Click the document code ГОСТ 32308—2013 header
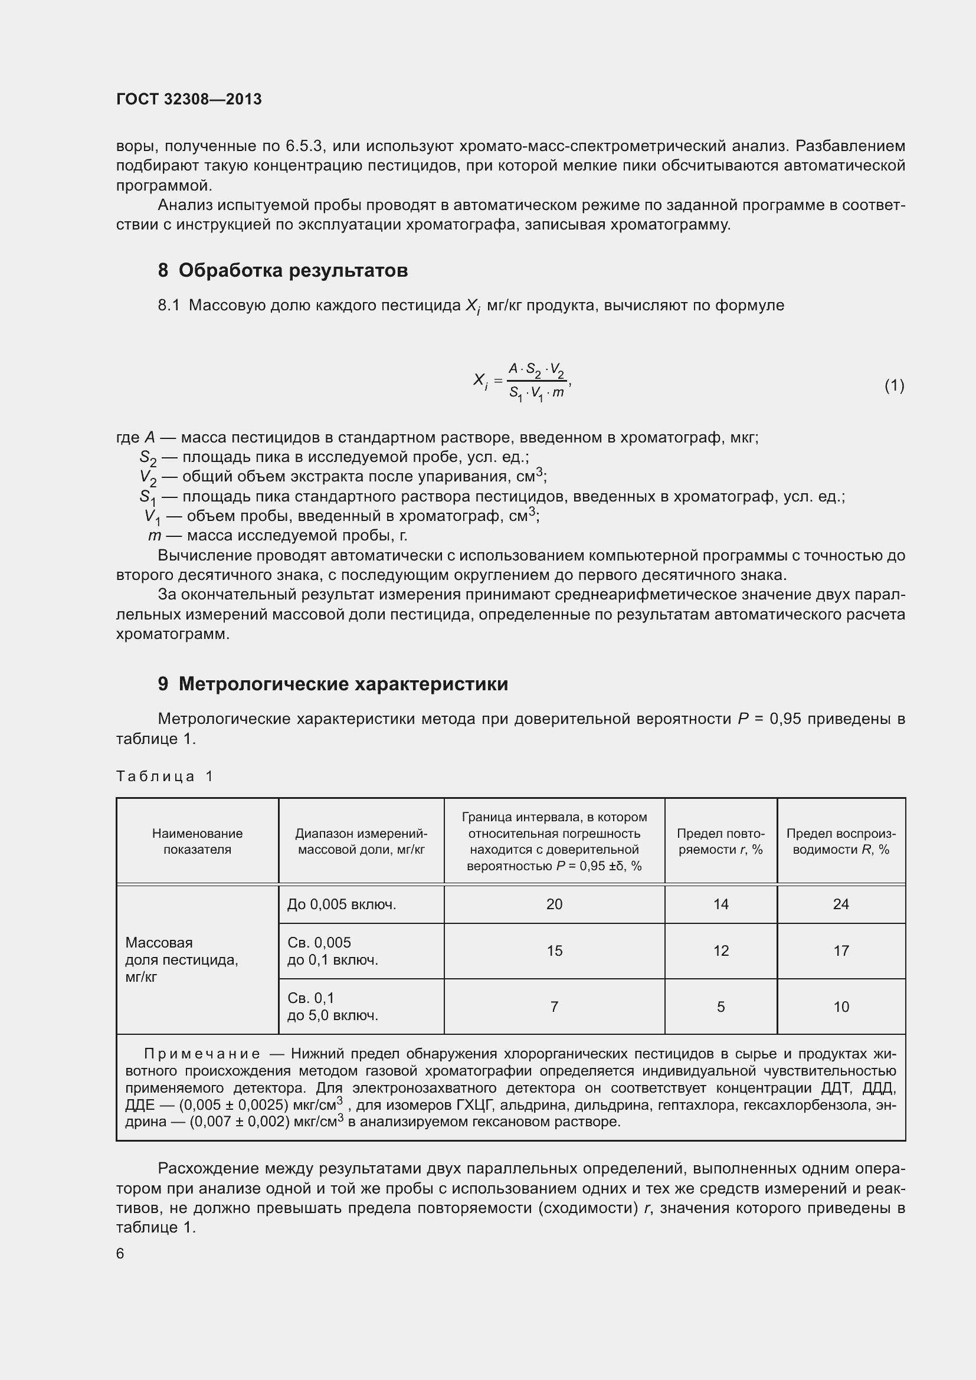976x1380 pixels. pyautogui.click(x=189, y=99)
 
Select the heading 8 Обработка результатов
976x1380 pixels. pyautogui.click(x=283, y=270)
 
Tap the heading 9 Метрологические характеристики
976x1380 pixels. pyautogui.click(x=332, y=684)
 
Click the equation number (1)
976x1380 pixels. pyautogui.click(x=893, y=385)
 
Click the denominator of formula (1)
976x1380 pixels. pyautogui.click(x=536, y=394)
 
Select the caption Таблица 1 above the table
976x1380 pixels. pyautogui.click(x=165, y=776)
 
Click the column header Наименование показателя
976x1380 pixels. pyautogui.click(x=197, y=841)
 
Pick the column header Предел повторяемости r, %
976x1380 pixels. pyautogui.click(x=720, y=841)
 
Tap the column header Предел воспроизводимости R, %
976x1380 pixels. pyautogui.click(x=840, y=841)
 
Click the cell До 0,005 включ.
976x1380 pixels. pyautogui.click(x=341, y=904)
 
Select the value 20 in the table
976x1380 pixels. pyautogui.click(x=554, y=904)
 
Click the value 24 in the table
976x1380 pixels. pyautogui.click(x=840, y=904)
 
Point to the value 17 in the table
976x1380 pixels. pyautogui.click(x=840, y=950)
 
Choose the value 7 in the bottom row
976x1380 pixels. pyautogui.click(x=554, y=1006)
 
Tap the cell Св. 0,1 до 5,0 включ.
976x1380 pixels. pyautogui.click(x=332, y=1006)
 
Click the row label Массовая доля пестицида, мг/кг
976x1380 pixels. pyautogui.click(x=182, y=959)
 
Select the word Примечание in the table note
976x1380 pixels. pyautogui.click(x=202, y=1054)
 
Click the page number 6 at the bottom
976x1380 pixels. pyautogui.click(x=120, y=1253)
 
